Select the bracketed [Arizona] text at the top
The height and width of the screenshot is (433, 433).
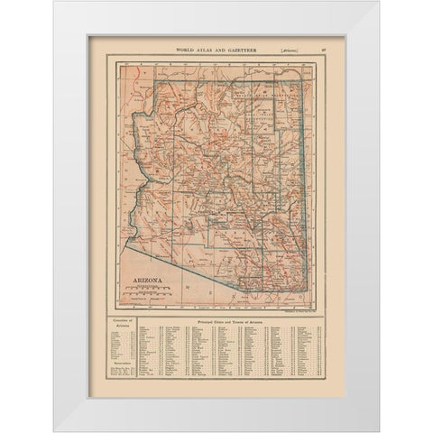coord(291,44)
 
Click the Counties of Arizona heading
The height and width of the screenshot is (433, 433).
coord(119,320)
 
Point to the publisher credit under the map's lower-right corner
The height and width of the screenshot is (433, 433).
coord(296,309)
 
